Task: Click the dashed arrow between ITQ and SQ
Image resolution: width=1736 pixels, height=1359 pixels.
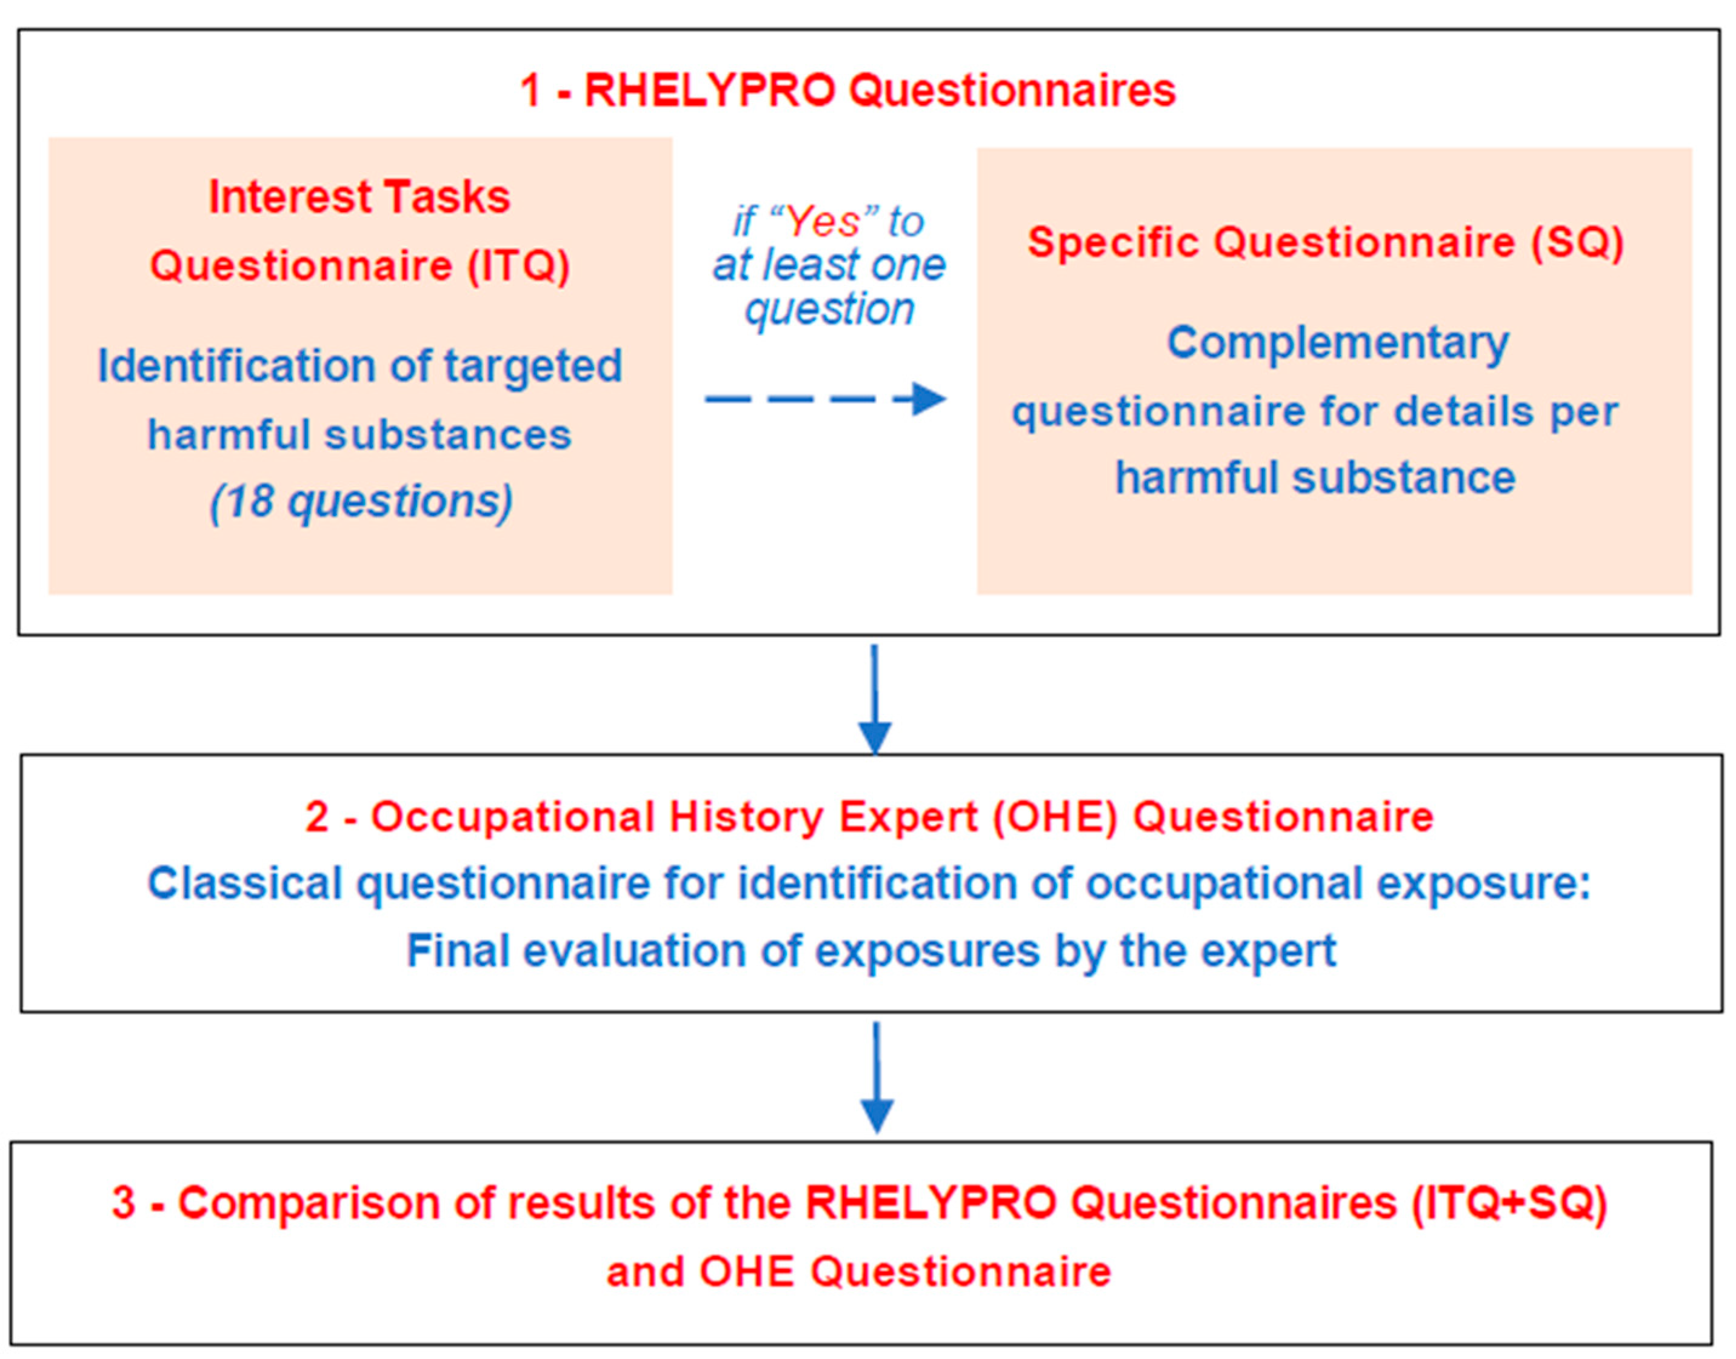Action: pyautogui.click(x=826, y=399)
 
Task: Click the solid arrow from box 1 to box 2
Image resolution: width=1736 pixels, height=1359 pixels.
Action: pyautogui.click(x=875, y=699)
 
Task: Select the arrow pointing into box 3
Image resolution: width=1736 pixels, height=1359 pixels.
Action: pyautogui.click(x=877, y=1077)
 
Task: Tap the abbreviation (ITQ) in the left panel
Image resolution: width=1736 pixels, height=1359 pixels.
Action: pyautogui.click(x=519, y=265)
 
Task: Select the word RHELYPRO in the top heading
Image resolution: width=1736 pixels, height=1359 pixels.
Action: pyautogui.click(x=710, y=90)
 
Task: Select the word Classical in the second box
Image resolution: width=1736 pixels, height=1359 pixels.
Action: pyautogui.click(x=245, y=883)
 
